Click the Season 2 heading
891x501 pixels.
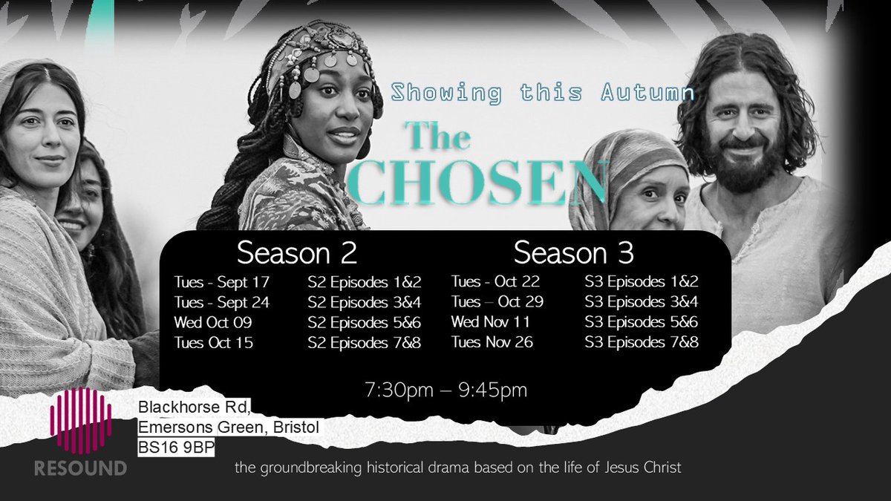(x=297, y=253)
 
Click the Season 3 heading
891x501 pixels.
(x=573, y=253)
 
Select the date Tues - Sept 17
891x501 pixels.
(x=222, y=282)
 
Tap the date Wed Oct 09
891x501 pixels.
(x=213, y=322)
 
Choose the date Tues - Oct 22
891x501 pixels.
(x=495, y=282)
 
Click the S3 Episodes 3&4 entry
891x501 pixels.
(x=642, y=302)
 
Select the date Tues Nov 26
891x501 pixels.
(x=493, y=342)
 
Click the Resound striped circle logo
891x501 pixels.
(x=81, y=421)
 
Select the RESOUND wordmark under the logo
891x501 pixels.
(x=81, y=468)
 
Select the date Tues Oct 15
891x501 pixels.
(x=214, y=342)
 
